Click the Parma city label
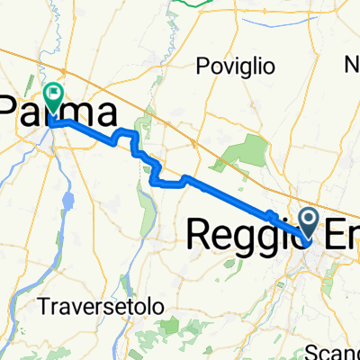(59, 114)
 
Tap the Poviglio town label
(236, 66)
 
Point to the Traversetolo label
(102, 306)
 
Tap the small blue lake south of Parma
(67, 197)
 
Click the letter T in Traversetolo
(45, 306)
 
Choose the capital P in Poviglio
(202, 66)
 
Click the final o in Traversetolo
(159, 306)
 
